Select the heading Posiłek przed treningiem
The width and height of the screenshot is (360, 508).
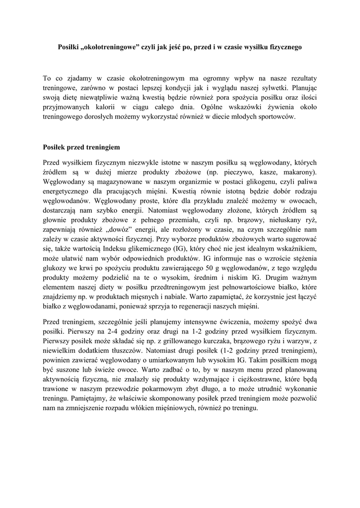81,148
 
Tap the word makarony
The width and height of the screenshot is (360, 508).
298,172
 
